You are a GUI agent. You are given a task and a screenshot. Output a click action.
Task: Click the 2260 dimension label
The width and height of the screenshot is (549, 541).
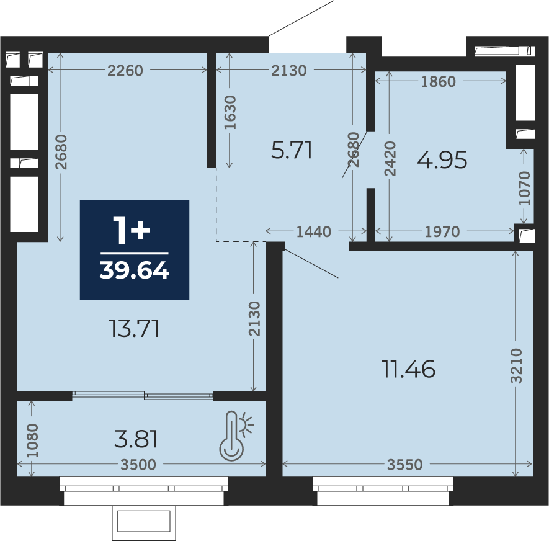125,70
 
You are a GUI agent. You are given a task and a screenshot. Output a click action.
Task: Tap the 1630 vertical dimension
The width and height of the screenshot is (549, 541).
230,112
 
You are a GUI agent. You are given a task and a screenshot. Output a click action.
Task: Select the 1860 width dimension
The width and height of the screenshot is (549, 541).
438,81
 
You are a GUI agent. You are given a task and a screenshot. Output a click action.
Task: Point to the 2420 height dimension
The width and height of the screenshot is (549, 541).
390,159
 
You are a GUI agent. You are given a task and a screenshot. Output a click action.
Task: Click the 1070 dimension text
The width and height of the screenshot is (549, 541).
524,188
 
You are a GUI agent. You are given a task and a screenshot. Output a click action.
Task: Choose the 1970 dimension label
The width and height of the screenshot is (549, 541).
442,231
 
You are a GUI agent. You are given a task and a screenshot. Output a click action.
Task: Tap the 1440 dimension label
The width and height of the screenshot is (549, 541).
313,231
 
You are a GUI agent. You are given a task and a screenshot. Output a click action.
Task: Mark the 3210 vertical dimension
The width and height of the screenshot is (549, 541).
516,366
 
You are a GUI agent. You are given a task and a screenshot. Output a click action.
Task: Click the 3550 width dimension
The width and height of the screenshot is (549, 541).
404,465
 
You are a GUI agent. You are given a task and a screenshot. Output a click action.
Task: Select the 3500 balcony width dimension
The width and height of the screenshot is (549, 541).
138,465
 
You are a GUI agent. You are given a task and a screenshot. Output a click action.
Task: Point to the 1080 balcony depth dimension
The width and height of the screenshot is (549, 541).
32,440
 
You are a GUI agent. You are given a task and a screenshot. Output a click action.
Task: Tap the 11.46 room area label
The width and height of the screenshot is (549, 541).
409,369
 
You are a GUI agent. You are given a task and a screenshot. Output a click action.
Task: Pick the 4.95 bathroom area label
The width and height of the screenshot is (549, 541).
442,160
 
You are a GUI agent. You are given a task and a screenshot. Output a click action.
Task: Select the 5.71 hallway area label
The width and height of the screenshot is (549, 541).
292,151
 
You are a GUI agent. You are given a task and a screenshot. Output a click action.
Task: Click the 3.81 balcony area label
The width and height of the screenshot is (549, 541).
136,439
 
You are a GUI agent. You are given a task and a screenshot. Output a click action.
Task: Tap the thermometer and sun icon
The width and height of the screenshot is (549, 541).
236,436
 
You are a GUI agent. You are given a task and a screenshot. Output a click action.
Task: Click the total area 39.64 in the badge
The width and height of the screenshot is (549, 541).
135,270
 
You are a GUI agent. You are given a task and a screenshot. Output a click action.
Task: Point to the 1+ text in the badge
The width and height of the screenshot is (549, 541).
132,230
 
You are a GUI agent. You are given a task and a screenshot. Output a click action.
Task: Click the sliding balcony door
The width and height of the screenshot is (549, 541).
143,395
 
